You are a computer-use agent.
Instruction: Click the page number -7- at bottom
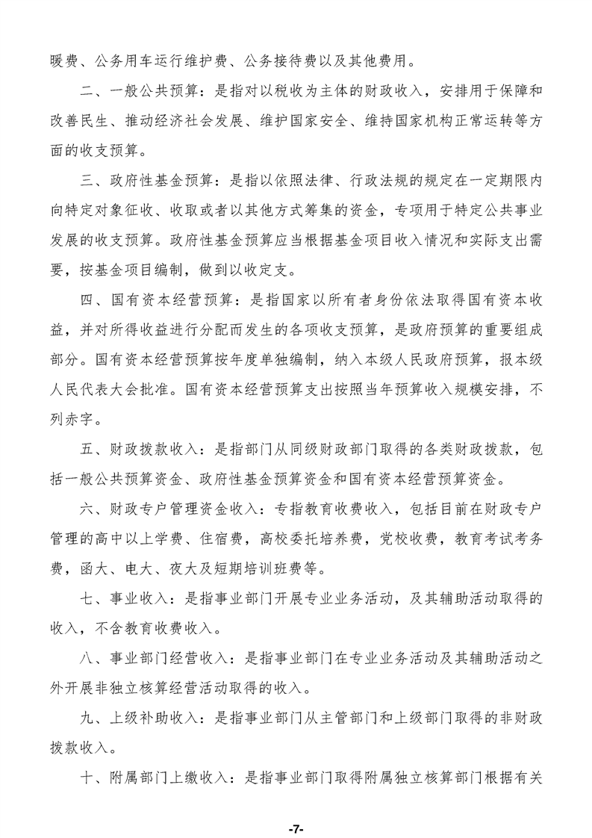(x=296, y=808)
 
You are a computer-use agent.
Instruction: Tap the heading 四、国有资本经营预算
(x=156, y=300)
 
